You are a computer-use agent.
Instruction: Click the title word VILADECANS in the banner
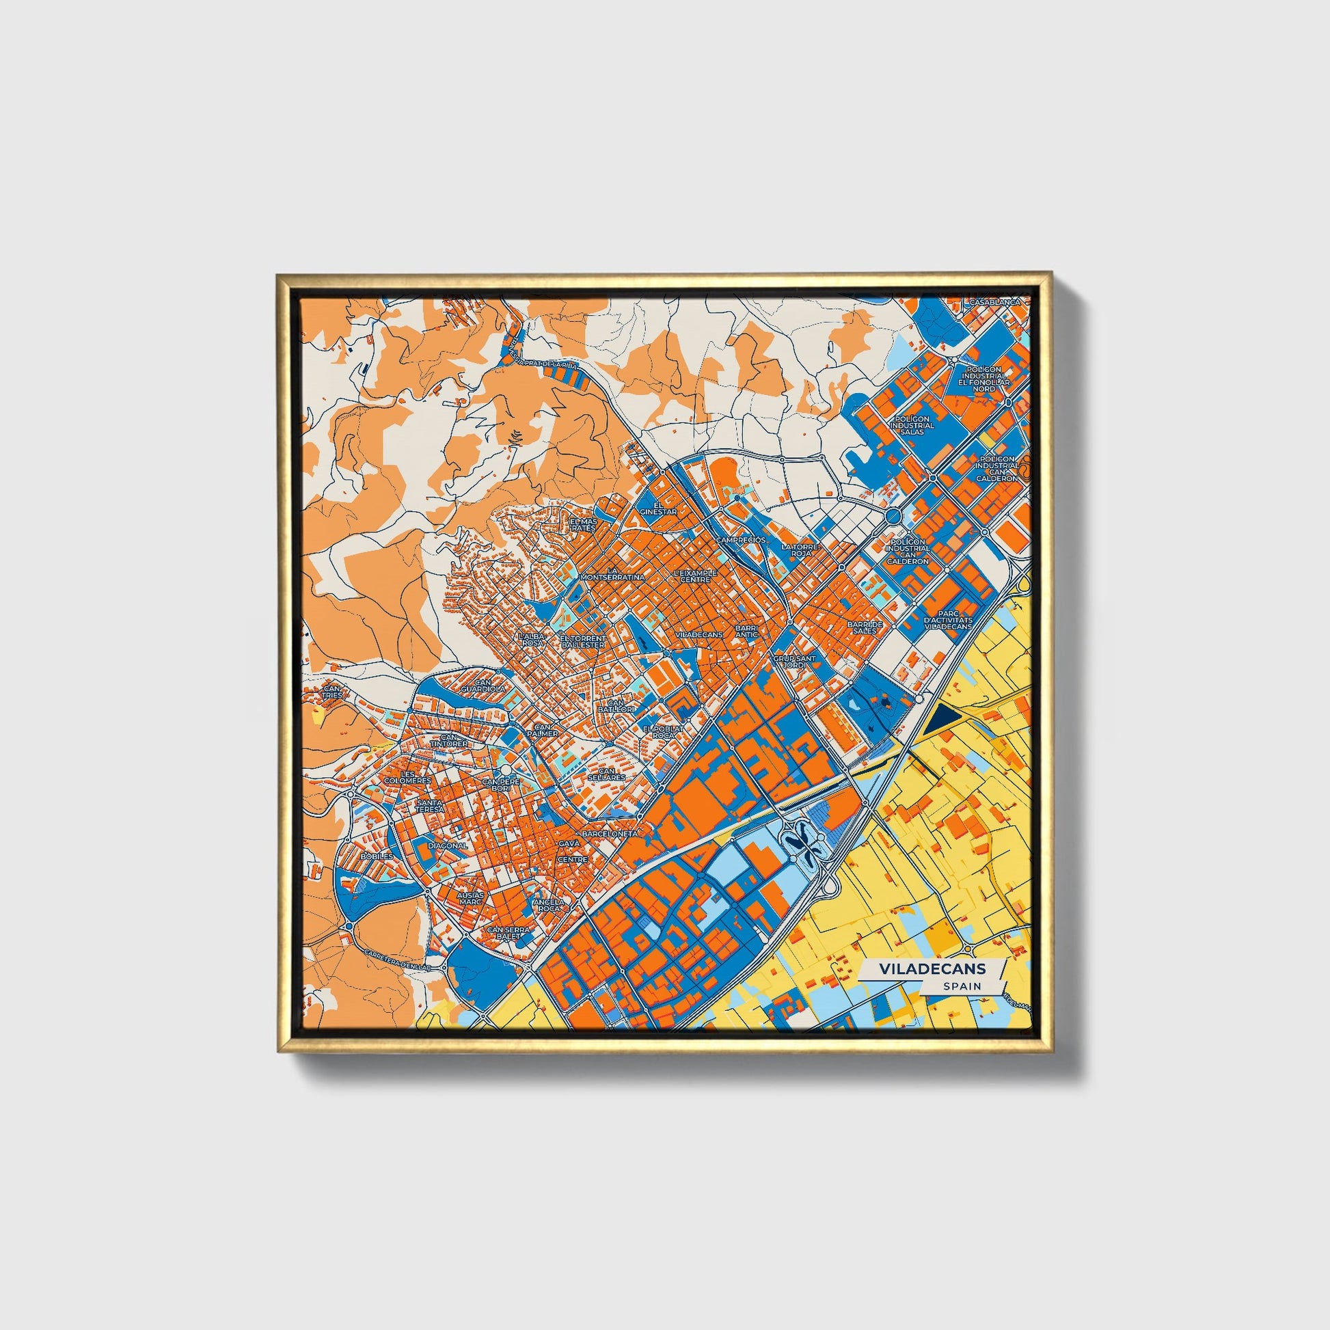932,968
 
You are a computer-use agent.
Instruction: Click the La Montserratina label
613,574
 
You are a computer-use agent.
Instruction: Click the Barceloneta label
611,834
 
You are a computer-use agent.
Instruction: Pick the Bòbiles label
377,856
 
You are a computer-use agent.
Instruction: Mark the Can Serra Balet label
508,933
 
